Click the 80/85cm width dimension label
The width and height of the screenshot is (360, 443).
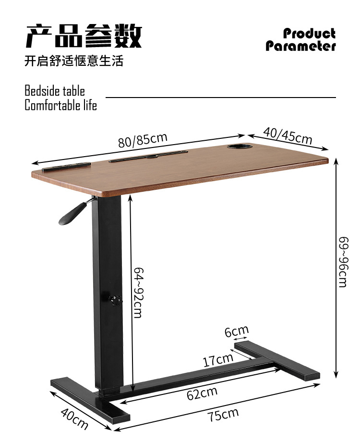[143, 139]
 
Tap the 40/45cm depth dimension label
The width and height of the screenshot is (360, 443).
[287, 135]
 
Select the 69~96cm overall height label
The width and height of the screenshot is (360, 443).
[343, 262]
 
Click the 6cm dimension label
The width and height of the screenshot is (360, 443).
[237, 331]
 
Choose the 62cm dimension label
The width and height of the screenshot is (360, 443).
[202, 393]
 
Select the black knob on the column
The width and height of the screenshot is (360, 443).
[116, 300]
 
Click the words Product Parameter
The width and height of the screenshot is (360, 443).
[301, 40]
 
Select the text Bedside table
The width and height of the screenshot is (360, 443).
[55, 91]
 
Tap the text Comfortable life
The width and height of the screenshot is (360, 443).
[60, 105]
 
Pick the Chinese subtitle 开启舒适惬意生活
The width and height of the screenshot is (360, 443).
[74, 61]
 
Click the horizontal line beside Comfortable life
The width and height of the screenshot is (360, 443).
[221, 98]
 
